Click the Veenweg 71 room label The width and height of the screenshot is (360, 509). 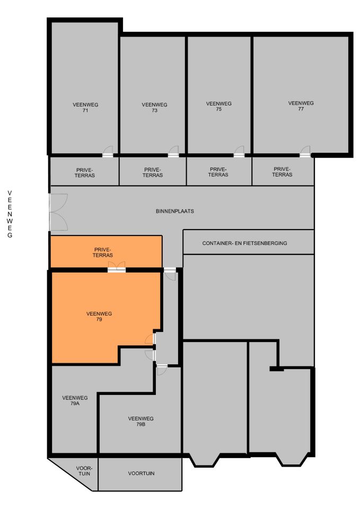(85, 108)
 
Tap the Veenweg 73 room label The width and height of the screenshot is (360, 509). (154, 108)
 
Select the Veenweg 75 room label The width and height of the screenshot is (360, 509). (218, 107)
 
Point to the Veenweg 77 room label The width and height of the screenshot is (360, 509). (301, 106)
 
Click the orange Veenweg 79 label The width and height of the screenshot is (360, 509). (99, 317)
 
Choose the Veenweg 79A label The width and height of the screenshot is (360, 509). (75, 400)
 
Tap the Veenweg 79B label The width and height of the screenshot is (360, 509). (141, 422)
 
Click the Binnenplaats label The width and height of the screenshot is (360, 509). (175, 211)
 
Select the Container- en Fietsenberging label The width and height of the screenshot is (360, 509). (244, 243)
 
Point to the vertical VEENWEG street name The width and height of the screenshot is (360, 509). (10, 213)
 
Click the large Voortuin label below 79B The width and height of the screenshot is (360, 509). (141, 473)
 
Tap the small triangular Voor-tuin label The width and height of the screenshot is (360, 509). (84, 471)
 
